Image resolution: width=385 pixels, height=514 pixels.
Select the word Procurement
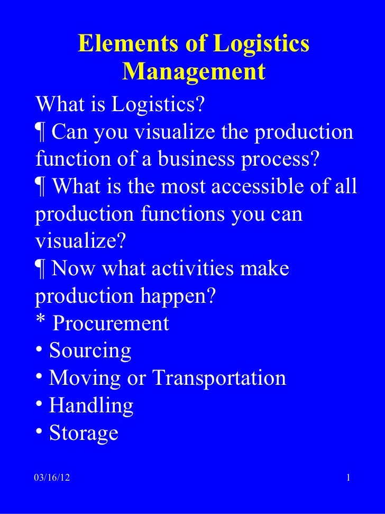[x=111, y=323]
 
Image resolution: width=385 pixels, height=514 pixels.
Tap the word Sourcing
[x=90, y=351]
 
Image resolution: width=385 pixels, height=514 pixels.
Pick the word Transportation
[x=219, y=378]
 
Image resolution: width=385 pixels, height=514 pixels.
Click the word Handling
[x=91, y=406]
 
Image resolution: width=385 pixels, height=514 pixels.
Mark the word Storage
[x=84, y=434]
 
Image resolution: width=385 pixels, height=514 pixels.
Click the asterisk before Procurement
[x=41, y=322]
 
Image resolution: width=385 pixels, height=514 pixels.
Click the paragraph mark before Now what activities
[x=41, y=269]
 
